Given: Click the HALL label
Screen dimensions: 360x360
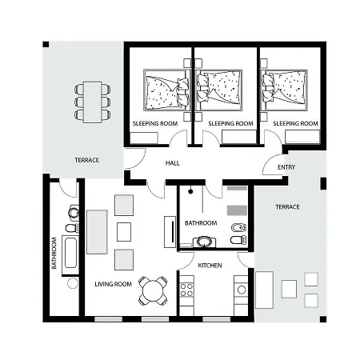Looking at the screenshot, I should [x=172, y=163].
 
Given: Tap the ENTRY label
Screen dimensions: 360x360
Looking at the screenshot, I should [x=286, y=167].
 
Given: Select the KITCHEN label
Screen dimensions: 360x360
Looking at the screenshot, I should [x=210, y=265].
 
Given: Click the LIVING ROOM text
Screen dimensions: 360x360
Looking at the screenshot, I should [x=113, y=284].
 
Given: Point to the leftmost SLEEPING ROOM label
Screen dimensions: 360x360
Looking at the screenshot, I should [x=156, y=123].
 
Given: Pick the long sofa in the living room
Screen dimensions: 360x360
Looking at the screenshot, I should [x=98, y=232].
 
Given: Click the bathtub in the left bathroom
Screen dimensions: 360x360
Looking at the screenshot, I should [x=70, y=254].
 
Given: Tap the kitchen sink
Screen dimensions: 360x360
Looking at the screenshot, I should [x=240, y=287].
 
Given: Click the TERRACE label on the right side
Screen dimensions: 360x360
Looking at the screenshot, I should [x=286, y=206].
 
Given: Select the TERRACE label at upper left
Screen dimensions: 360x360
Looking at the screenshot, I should [x=86, y=160].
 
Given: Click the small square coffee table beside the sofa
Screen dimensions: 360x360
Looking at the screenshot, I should [x=123, y=232].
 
